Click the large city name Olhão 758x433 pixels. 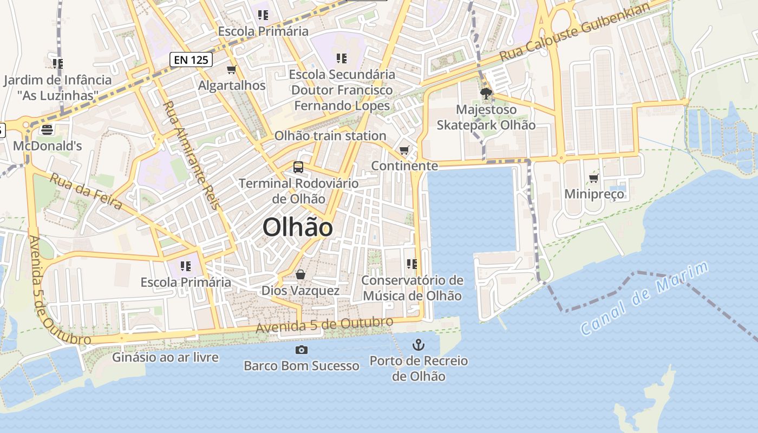click(x=297, y=228)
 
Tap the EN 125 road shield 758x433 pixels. click(x=191, y=60)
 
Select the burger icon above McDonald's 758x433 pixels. click(x=47, y=130)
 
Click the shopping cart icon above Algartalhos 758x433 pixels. click(x=232, y=69)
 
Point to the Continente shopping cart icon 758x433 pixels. click(x=404, y=150)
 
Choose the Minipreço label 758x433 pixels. click(x=594, y=194)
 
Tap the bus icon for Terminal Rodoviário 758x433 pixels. click(x=298, y=167)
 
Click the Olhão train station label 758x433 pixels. click(x=330, y=135)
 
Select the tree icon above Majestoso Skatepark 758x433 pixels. click(x=486, y=94)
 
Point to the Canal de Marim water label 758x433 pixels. click(x=644, y=298)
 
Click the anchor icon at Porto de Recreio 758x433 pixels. click(x=418, y=344)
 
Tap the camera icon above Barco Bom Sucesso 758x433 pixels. click(x=302, y=350)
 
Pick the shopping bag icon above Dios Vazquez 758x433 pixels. click(x=300, y=275)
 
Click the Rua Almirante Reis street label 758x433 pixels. click(x=192, y=155)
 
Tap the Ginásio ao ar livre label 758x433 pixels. click(x=165, y=357)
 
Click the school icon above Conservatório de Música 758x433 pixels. click(x=412, y=264)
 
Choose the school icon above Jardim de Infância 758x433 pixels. click(x=58, y=64)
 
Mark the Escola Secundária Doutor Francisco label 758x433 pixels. click(x=342, y=89)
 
